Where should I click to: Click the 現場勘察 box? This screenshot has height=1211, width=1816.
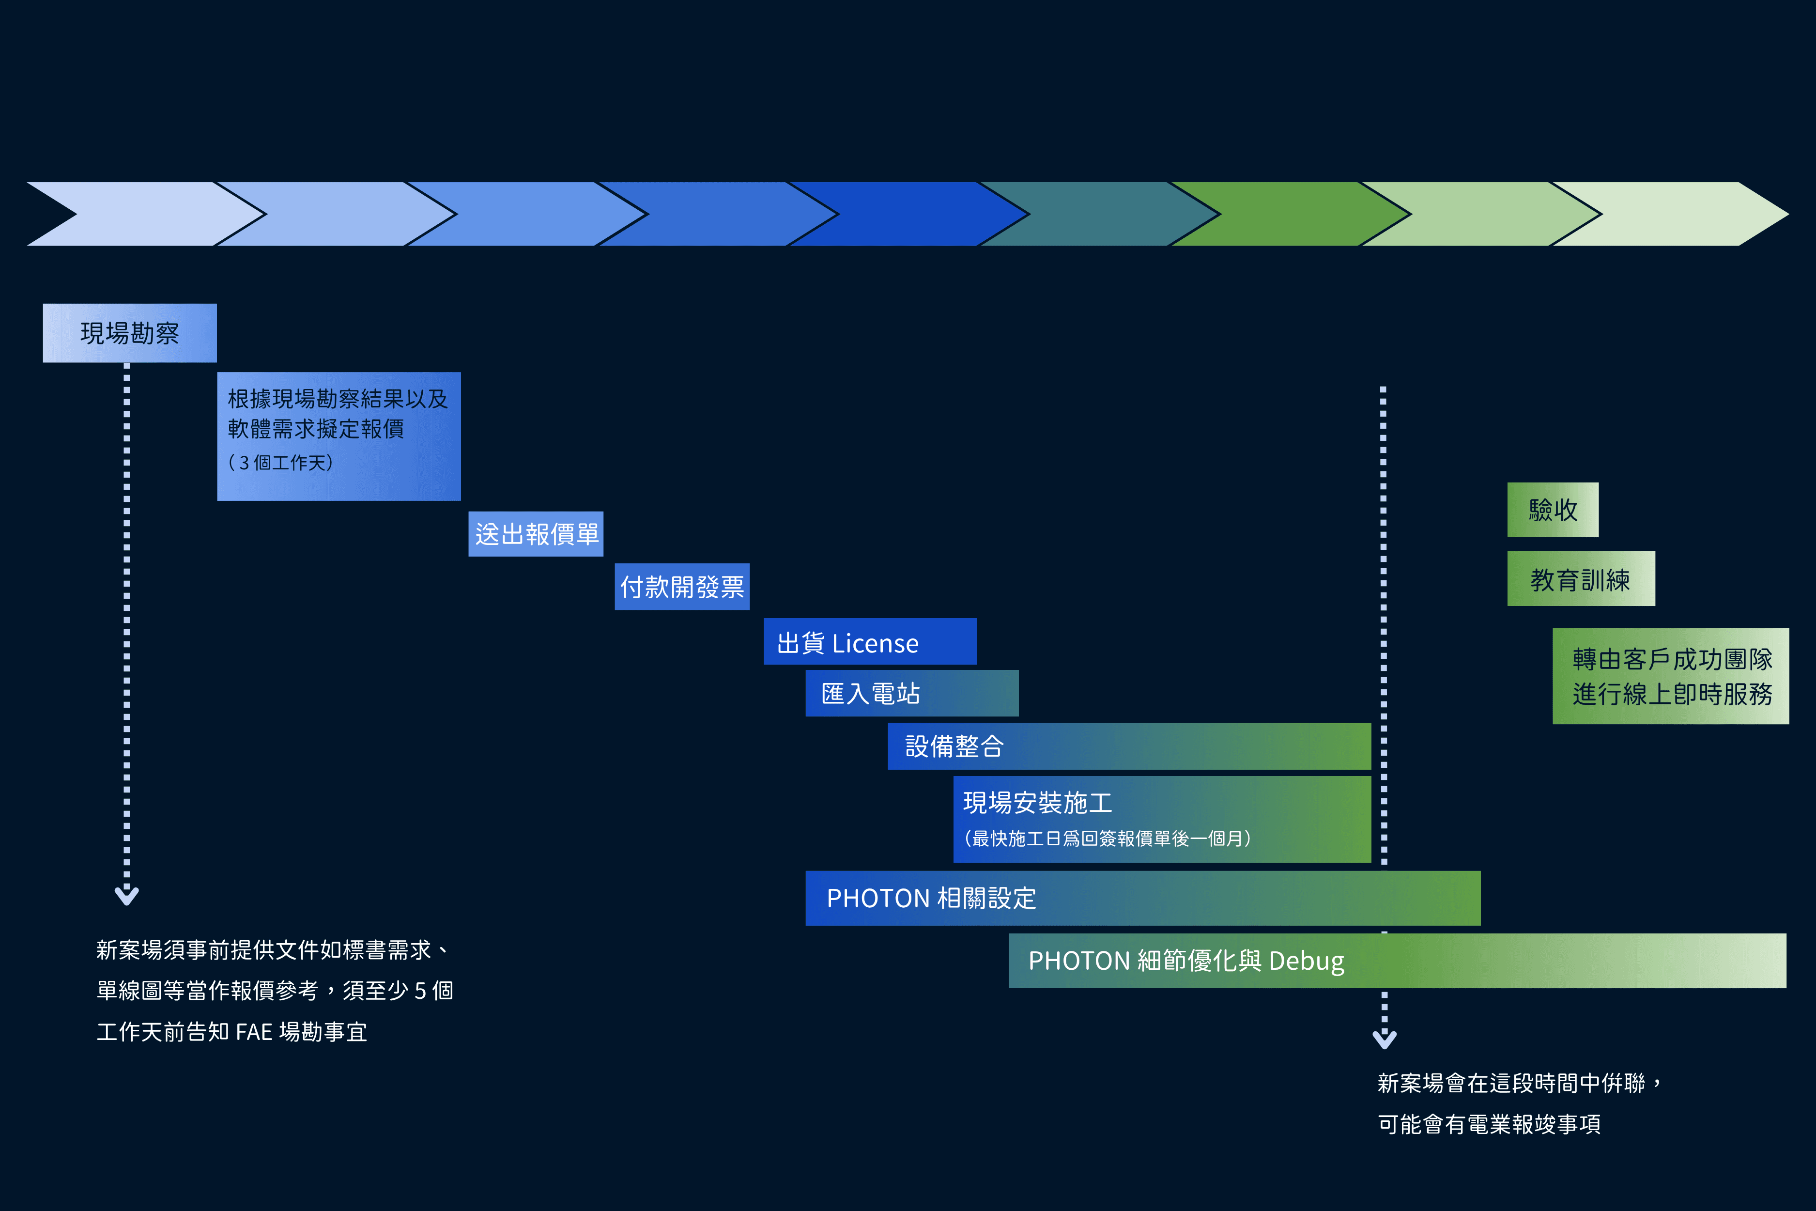[130, 333]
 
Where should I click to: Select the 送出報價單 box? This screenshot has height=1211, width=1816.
[536, 534]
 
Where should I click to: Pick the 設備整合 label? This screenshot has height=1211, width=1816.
[954, 746]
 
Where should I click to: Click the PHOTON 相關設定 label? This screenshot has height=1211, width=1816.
[931, 898]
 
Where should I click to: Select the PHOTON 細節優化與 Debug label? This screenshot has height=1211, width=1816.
[1186, 961]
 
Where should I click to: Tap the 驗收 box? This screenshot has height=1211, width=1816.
[1553, 510]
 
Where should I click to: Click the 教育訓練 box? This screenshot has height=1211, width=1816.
[1581, 579]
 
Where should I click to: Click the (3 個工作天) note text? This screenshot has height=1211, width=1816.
[281, 463]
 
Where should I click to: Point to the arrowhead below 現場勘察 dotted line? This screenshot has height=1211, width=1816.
[126, 896]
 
